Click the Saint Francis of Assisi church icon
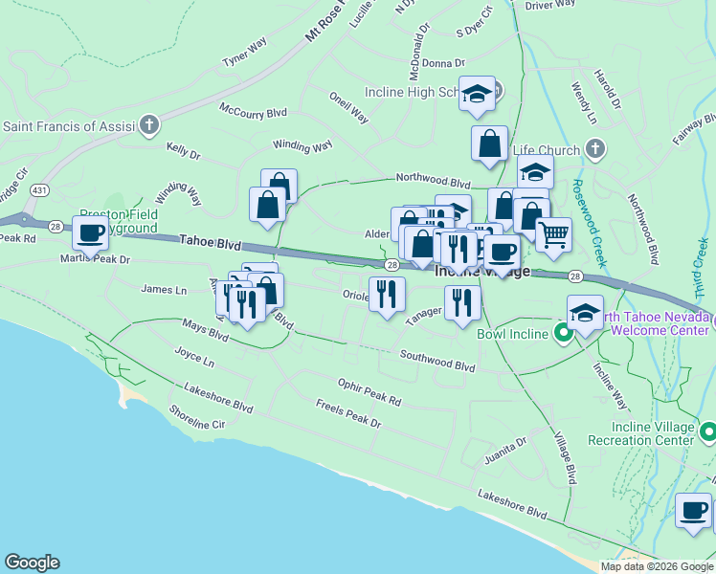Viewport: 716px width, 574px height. [x=148, y=125]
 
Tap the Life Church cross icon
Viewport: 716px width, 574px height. [x=594, y=150]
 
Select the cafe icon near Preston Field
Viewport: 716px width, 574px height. [x=90, y=232]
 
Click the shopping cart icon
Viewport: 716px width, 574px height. [x=552, y=234]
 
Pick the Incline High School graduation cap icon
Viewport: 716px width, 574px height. [x=477, y=94]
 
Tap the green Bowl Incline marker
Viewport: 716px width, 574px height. [x=564, y=334]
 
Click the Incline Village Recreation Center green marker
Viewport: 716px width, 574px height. [x=707, y=431]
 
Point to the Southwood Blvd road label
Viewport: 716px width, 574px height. [x=437, y=362]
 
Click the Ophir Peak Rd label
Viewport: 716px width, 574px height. [x=369, y=390]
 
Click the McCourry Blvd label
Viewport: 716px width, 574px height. [x=253, y=111]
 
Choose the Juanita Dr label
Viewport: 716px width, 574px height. [x=507, y=447]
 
